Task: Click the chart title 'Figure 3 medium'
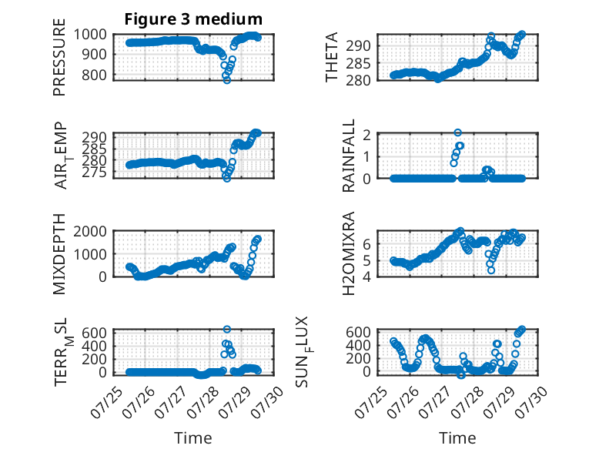pyautogui.click(x=193, y=18)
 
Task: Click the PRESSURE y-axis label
pyautogui.click(x=59, y=57)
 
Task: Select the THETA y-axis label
pyautogui.click(x=332, y=57)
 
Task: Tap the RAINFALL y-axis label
pyautogui.click(x=349, y=155)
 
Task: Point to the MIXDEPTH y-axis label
pyautogui.click(x=59, y=253)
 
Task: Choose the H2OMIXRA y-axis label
pyautogui.click(x=349, y=253)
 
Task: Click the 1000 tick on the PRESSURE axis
pyautogui.click(x=90, y=35)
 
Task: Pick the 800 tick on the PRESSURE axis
pyautogui.click(x=95, y=75)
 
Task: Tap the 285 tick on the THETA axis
pyautogui.click(x=358, y=63)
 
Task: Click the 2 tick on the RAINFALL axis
pyautogui.click(x=366, y=135)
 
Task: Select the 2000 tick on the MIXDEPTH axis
pyautogui.click(x=90, y=231)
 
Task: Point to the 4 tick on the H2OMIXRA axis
pyautogui.click(x=366, y=276)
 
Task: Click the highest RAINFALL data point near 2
pyautogui.click(x=457, y=132)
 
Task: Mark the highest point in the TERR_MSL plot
pyautogui.click(x=227, y=329)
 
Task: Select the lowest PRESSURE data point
pyautogui.click(x=227, y=80)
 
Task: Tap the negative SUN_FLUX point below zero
pyautogui.click(x=461, y=375)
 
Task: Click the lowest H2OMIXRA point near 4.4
pyautogui.click(x=491, y=270)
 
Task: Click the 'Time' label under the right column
pyautogui.click(x=457, y=438)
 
